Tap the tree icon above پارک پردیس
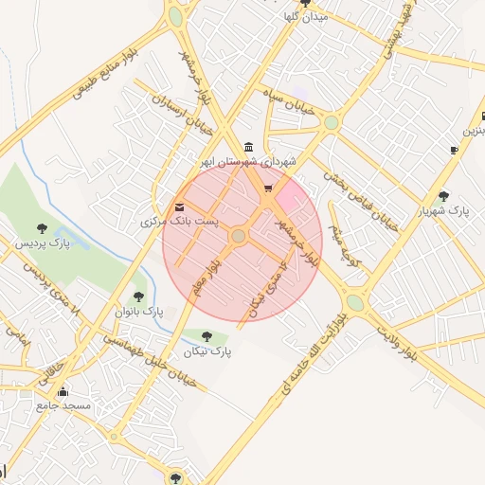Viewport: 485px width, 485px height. point(41,226)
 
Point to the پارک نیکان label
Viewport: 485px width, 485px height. point(208,351)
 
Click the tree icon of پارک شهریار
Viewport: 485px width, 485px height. point(444,196)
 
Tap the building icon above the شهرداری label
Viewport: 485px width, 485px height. point(248,147)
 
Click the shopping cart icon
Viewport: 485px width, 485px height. point(270,189)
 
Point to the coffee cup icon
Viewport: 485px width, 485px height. point(455,149)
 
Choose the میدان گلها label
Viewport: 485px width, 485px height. point(306,17)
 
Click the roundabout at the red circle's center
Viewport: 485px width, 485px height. point(239,236)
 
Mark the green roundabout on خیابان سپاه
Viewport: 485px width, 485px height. point(331,122)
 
